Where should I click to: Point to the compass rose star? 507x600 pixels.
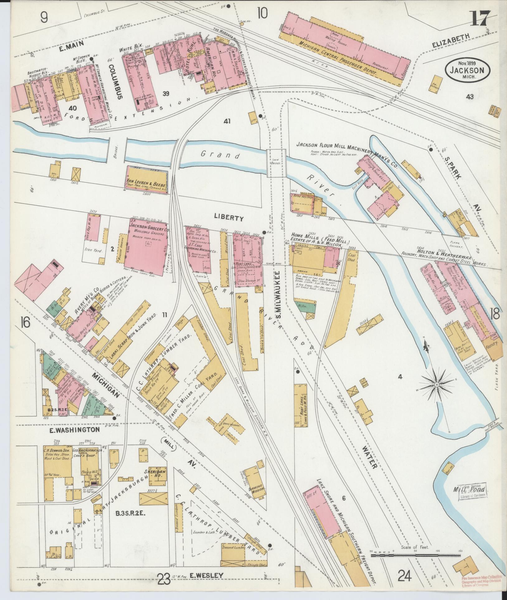(437, 385)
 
